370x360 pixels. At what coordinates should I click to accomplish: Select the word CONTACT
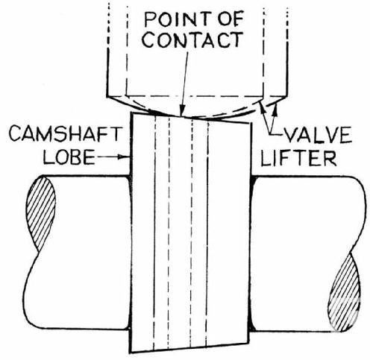coord(192,40)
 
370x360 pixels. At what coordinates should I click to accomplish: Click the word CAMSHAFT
coord(66,133)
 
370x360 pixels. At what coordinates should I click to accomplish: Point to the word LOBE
coord(69,157)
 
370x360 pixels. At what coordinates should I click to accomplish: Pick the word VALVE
coord(318,135)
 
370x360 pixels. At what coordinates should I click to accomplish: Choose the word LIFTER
coord(298,158)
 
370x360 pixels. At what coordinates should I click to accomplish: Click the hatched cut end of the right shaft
coord(344,293)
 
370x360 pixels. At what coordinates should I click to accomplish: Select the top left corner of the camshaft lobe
coord(134,113)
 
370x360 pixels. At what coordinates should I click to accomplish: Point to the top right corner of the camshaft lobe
coord(249,123)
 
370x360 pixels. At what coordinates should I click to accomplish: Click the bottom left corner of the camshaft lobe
coord(131,353)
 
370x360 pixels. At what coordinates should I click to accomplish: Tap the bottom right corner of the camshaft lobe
coord(248,344)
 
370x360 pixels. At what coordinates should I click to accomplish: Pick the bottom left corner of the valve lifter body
coord(107,96)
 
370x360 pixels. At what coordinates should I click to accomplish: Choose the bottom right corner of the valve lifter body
coord(287,96)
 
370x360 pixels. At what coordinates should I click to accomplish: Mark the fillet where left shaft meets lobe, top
coord(129,178)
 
